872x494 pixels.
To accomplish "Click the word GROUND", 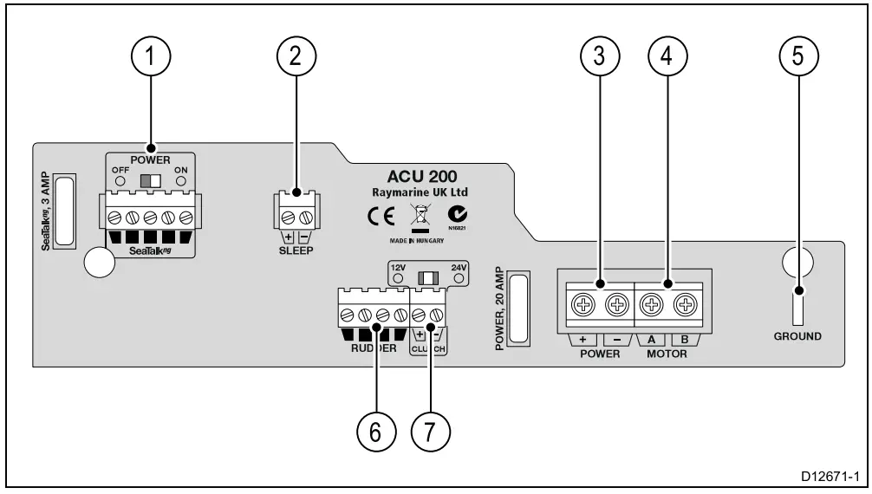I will tap(797, 336).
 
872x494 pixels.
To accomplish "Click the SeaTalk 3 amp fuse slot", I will tap(67, 211).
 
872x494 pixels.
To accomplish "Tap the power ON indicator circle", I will tap(181, 181).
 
